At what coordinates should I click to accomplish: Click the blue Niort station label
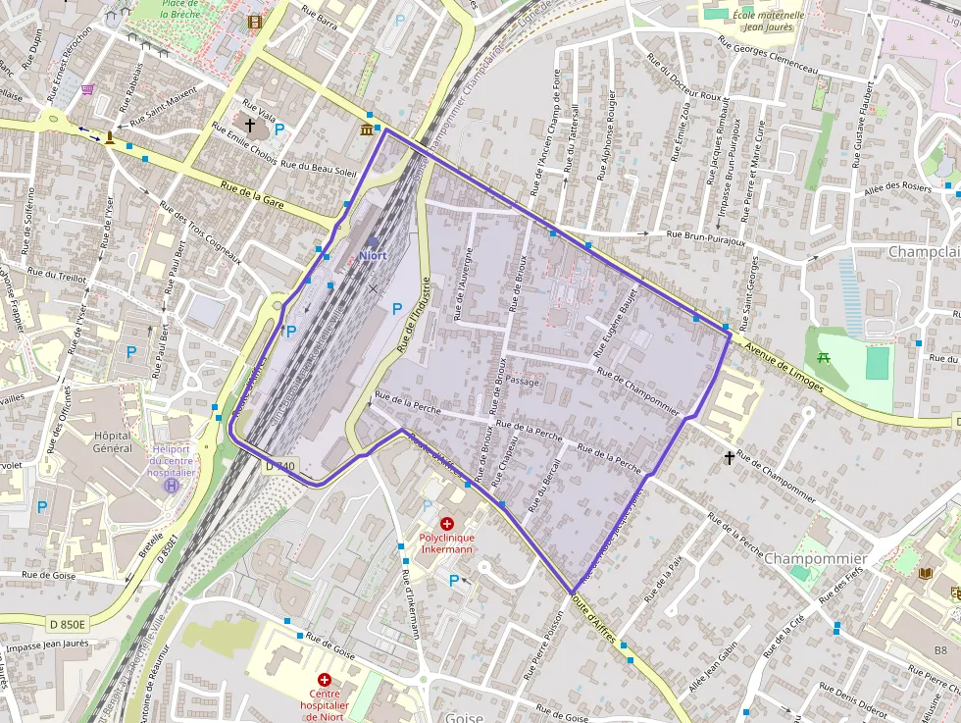[x=373, y=255]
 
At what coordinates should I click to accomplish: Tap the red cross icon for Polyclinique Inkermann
[x=447, y=525]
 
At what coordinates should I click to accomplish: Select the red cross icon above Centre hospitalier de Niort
[x=325, y=680]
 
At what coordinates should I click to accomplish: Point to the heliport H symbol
[x=173, y=485]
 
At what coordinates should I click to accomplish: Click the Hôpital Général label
[x=112, y=441]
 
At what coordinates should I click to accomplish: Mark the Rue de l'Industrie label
[x=414, y=315]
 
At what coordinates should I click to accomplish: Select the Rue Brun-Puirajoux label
[x=706, y=235]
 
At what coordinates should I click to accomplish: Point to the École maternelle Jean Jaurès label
[x=769, y=22]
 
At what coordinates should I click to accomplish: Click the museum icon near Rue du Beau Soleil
[x=367, y=129]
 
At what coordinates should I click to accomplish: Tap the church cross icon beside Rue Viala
[x=249, y=126]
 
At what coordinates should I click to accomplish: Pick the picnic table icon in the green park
[x=824, y=357]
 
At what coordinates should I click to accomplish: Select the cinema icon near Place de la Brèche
[x=255, y=22]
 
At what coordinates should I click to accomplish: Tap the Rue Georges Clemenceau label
[x=768, y=57]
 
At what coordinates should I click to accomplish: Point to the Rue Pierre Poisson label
[x=544, y=646]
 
